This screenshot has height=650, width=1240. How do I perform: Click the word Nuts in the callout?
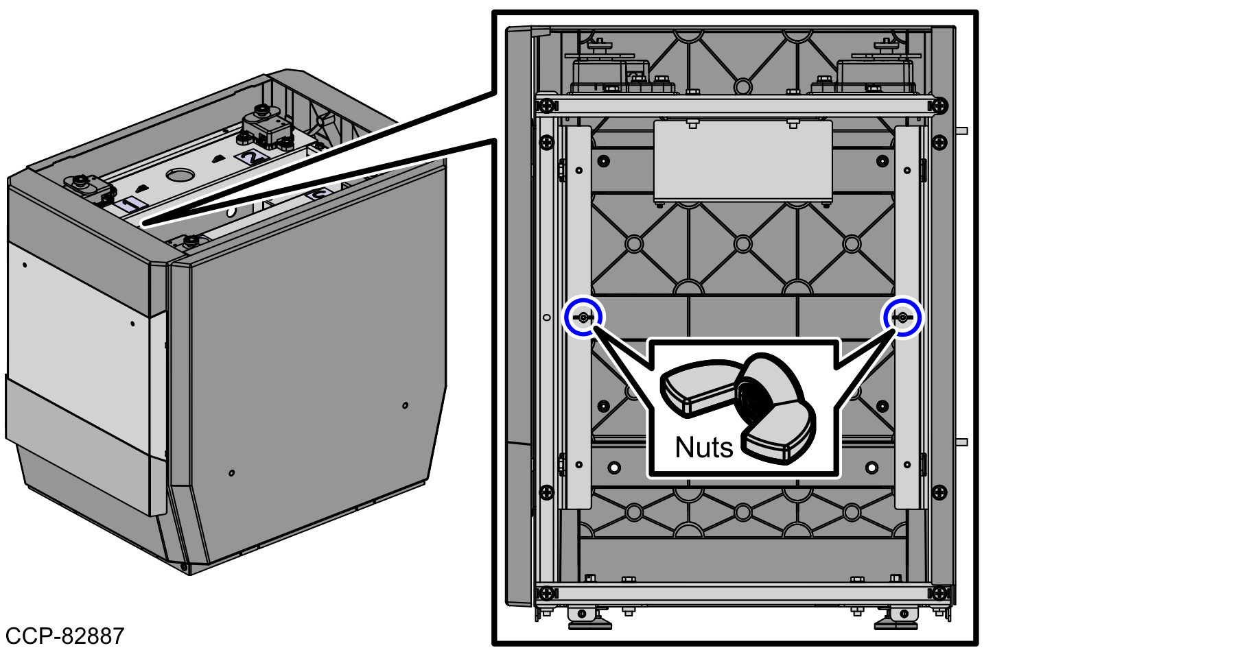[x=703, y=447]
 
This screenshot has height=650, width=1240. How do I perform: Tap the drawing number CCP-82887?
[x=65, y=636]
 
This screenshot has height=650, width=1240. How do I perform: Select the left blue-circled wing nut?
[x=583, y=317]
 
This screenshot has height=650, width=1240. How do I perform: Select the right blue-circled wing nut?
[x=902, y=317]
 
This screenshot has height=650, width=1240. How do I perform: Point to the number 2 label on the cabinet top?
[x=251, y=157]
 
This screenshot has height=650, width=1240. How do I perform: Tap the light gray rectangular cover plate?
[x=742, y=162]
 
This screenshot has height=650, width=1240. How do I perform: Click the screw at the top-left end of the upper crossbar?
[x=546, y=106]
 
